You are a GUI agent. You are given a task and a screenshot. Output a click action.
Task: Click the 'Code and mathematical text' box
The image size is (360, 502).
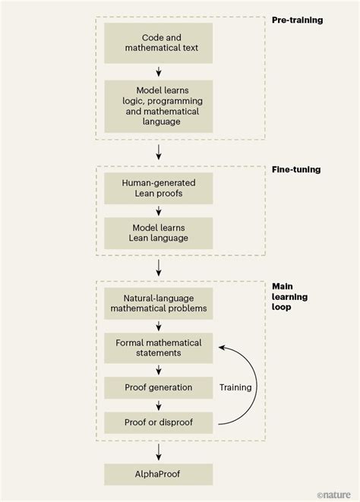tap(159, 43)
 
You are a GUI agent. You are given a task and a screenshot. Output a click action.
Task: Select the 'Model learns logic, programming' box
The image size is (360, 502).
tap(159, 106)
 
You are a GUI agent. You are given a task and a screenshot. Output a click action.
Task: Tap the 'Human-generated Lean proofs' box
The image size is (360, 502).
tap(159, 188)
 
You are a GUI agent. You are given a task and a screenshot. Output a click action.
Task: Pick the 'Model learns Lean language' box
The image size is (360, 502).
tap(159, 232)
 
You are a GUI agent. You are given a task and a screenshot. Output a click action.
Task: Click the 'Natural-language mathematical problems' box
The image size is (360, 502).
tap(159, 304)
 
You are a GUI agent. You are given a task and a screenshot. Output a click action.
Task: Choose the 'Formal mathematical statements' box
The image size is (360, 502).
tap(159, 348)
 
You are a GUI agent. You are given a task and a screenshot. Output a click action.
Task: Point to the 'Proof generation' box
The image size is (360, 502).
tap(159, 387)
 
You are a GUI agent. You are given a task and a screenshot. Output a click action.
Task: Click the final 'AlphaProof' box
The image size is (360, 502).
tap(159, 475)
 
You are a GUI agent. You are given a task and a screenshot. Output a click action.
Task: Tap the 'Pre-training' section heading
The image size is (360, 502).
tap(297, 20)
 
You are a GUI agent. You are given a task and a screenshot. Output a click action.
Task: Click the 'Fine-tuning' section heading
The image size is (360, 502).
tap(296, 169)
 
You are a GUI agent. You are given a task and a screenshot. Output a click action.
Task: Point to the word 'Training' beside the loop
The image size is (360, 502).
tap(235, 387)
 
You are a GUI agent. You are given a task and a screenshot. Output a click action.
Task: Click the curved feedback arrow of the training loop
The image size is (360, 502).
tap(255, 384)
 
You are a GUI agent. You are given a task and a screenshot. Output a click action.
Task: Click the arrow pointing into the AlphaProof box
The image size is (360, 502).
tap(159, 452)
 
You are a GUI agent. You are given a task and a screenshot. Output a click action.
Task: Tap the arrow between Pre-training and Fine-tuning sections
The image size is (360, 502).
tap(159, 152)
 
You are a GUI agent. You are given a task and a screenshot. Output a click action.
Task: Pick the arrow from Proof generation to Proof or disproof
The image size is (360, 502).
tap(159, 405)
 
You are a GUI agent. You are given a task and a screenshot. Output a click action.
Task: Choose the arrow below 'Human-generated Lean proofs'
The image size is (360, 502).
tap(159, 210)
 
